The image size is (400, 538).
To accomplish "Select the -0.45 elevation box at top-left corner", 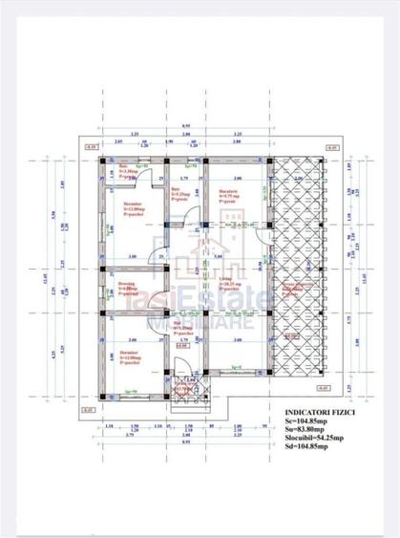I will point(90,149).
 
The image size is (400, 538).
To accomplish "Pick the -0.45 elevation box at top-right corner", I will point(331,149).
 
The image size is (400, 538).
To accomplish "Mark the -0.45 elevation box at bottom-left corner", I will point(90,411).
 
